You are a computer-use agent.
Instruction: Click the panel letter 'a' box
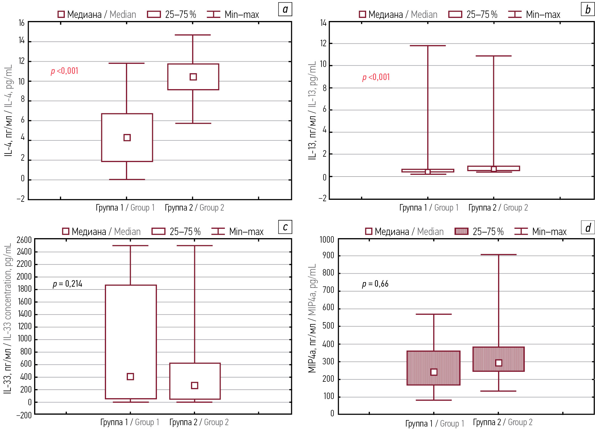[285, 9]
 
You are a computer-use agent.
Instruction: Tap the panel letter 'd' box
[588, 228]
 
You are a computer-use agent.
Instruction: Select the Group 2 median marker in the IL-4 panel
[193, 77]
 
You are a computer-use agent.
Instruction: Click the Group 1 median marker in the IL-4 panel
[127, 138]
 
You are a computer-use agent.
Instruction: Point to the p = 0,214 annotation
[67, 284]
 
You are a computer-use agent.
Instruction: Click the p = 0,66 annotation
[375, 284]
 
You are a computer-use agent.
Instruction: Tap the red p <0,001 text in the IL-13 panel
[376, 77]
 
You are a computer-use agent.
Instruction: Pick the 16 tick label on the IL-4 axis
[22, 23]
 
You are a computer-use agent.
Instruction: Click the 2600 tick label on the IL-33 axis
[24, 240]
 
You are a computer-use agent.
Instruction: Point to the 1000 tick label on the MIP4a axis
[327, 240]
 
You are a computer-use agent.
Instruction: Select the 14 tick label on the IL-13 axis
[323, 23]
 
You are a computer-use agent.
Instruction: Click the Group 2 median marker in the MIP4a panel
[499, 363]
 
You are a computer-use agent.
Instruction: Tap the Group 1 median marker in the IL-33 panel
[130, 377]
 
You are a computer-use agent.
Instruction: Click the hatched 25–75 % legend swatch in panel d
[461, 232]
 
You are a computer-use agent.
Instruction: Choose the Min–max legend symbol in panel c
[218, 232]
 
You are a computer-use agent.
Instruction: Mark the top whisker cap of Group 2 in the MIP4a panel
[499, 255]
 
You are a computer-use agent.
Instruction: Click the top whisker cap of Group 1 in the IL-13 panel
[428, 46]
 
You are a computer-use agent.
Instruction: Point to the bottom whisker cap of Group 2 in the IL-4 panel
[193, 123]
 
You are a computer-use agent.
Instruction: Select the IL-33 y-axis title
[8, 318]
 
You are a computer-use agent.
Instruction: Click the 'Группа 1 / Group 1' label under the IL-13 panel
[429, 208]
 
